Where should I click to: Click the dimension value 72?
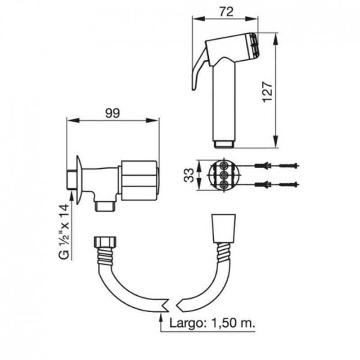[x=226, y=12]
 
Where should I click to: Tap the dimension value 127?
[x=267, y=91]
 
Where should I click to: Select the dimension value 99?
[x=112, y=113]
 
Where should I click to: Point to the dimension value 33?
[x=189, y=175]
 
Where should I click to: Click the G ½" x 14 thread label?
[x=64, y=232]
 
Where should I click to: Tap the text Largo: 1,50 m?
[x=212, y=323]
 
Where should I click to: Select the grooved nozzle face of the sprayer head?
[x=253, y=45]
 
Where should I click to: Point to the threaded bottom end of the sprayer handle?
[x=224, y=144]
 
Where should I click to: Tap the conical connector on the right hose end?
[x=224, y=229]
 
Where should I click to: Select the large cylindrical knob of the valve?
[x=140, y=180]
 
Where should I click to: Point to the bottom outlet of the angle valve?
[x=105, y=206]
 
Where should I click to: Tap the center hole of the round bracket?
[x=224, y=175]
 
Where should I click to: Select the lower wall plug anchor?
[x=263, y=184]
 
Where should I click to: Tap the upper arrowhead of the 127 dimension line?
[x=275, y=39]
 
